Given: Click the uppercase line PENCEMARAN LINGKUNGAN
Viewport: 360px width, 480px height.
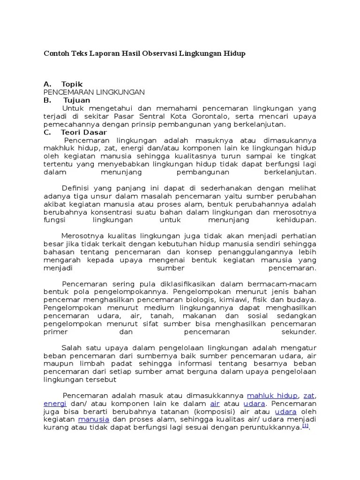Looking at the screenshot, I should pos(94,92).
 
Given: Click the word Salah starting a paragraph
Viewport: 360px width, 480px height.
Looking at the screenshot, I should pos(72,347).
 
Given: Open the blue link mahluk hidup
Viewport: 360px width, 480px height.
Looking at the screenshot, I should pos(272,396).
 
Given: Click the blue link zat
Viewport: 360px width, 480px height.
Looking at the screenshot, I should pos(309,396).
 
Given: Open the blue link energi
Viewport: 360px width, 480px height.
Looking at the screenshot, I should pos(55,404).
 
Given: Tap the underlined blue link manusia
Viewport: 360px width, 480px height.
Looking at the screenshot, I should pos(94,420).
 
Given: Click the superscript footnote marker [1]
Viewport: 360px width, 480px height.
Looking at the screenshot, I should pos(305,426).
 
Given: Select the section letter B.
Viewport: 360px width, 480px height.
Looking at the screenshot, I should pos(46,100).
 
